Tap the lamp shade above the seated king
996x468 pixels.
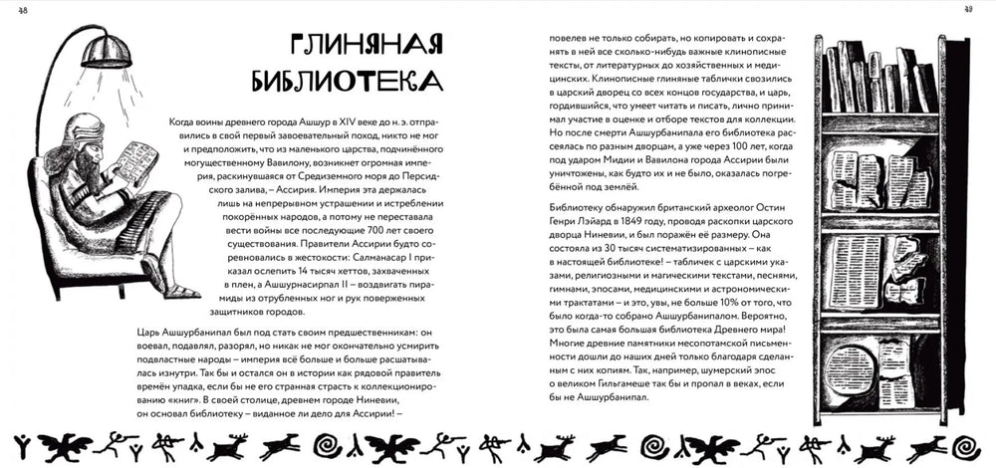(107, 50)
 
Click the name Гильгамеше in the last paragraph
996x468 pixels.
(642, 380)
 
